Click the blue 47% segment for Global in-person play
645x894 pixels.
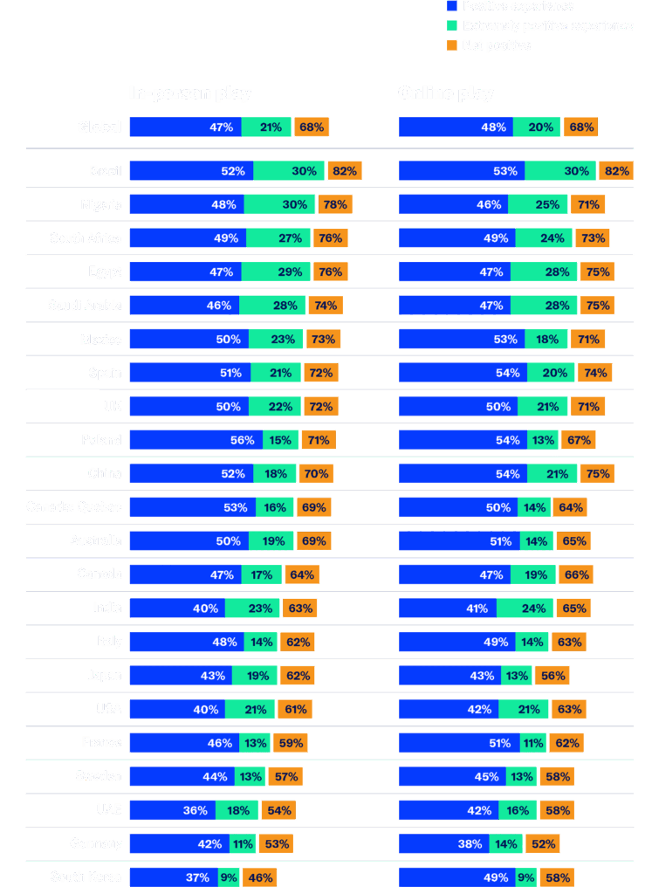point(185,127)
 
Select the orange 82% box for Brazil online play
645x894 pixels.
point(616,171)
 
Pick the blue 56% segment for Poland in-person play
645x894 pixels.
point(197,441)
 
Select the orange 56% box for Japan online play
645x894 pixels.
point(552,676)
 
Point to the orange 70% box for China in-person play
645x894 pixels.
point(315,474)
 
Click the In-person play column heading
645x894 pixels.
point(189,93)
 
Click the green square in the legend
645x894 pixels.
point(451,25)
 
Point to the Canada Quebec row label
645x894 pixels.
point(74,507)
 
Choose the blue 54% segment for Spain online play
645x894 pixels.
point(463,373)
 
